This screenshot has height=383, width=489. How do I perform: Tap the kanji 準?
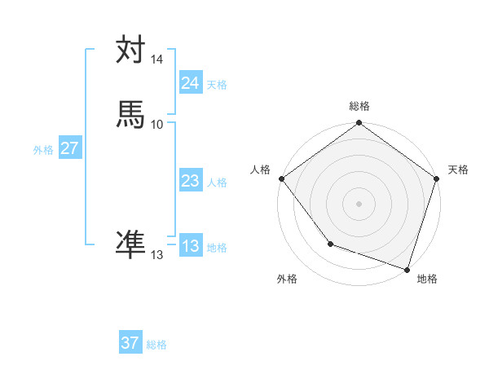click(x=131, y=244)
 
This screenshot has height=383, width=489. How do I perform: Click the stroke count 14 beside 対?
click(x=157, y=60)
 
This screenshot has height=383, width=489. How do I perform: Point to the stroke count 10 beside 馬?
click(x=157, y=124)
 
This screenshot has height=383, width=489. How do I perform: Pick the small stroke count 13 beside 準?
click(x=157, y=255)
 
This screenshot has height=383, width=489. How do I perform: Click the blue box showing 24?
click(x=190, y=82)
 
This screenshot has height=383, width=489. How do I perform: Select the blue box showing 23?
click(x=190, y=182)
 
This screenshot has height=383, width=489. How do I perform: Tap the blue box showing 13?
click(x=190, y=246)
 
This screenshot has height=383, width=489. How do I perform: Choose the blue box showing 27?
click(x=69, y=148)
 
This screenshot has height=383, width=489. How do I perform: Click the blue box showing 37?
click(x=130, y=343)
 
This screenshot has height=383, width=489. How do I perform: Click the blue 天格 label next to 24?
click(x=217, y=84)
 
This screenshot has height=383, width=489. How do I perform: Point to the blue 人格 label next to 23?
click(x=217, y=183)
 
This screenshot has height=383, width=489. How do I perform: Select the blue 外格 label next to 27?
click(x=43, y=150)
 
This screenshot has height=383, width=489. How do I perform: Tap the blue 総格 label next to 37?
click(x=156, y=345)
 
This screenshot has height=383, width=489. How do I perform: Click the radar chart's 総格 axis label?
click(x=359, y=106)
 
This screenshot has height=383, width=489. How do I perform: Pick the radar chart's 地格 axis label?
click(x=427, y=280)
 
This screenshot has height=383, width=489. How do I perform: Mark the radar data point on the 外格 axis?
click(x=330, y=244)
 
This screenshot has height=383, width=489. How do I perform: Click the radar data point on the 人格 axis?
click(x=282, y=178)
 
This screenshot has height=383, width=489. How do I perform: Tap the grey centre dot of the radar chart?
click(x=359, y=203)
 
